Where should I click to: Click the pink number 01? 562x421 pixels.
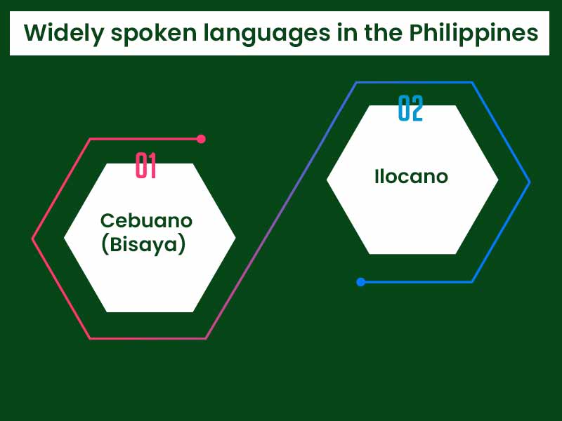[x=145, y=166]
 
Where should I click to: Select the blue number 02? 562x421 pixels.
[x=410, y=109]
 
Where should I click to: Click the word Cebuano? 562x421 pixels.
[x=146, y=220]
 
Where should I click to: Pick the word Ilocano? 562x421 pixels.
[x=411, y=176]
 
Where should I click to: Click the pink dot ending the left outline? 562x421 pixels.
[x=201, y=139]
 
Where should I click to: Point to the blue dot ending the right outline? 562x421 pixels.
[x=360, y=282]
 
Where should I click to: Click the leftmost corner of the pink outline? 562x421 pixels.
[x=33, y=239]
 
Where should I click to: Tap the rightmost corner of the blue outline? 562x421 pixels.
[x=529, y=182]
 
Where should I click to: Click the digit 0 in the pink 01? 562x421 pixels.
[x=141, y=166]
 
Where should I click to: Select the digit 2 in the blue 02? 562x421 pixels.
[x=417, y=109]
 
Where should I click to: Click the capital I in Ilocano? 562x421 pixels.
[x=377, y=176]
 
